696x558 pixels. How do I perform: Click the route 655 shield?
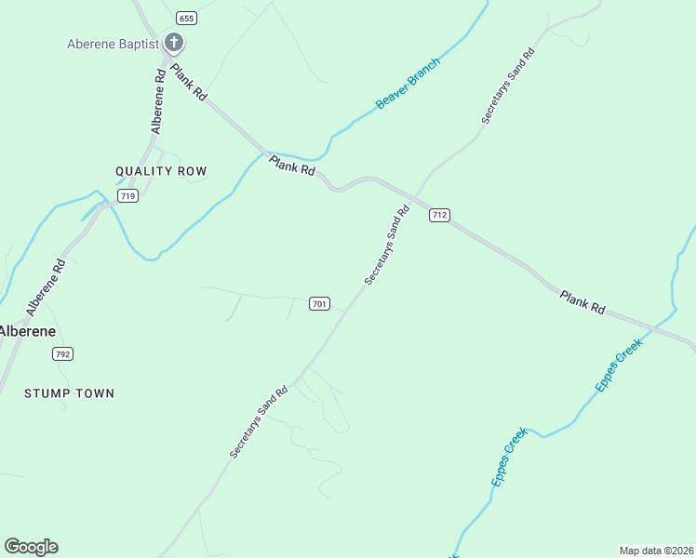pyautogui.click(x=186, y=18)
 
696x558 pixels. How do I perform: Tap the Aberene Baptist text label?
pyautogui.click(x=112, y=43)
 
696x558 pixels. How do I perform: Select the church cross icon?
pyautogui.click(x=173, y=42)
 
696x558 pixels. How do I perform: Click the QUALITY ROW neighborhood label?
pyautogui.click(x=161, y=171)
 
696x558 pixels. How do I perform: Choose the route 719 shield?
pyautogui.click(x=128, y=195)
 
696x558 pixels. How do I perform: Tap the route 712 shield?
pyautogui.click(x=439, y=215)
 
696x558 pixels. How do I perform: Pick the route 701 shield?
pyautogui.click(x=319, y=304)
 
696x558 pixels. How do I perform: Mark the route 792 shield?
pyautogui.click(x=62, y=354)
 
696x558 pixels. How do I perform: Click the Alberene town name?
pyautogui.click(x=27, y=331)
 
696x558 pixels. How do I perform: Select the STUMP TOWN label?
pyautogui.click(x=69, y=393)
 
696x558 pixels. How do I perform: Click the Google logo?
pyautogui.click(x=31, y=547)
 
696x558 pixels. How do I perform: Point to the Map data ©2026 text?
pyautogui.click(x=656, y=551)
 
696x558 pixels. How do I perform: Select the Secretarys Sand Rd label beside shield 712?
pyautogui.click(x=387, y=246)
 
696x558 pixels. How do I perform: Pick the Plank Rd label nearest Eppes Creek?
pyautogui.click(x=583, y=302)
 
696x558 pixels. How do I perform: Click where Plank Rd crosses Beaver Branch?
pyautogui.click(x=270, y=153)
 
